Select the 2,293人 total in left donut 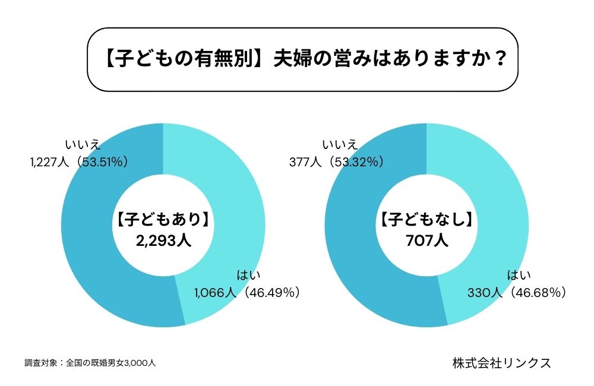162,241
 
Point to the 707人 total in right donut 426,241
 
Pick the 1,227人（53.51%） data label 78,161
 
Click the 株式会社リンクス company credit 501,363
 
